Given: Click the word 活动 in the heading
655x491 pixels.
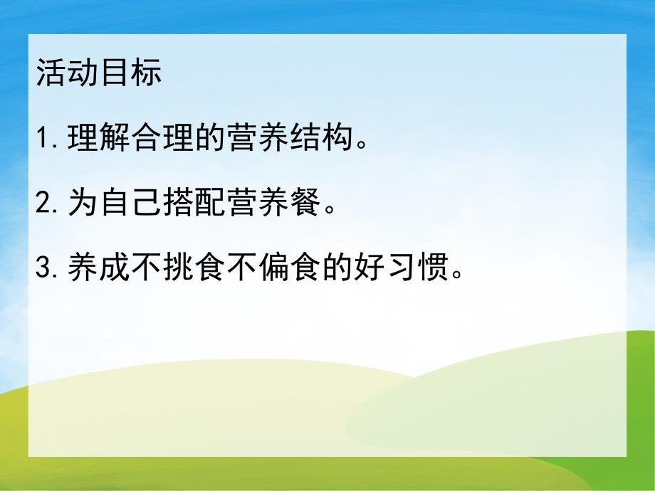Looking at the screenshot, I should click(x=67, y=74).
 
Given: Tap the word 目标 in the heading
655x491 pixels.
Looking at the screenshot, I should click(x=131, y=74).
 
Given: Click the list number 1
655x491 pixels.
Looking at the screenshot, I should click(x=43, y=139).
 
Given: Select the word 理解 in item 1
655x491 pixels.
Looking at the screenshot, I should click(x=100, y=139).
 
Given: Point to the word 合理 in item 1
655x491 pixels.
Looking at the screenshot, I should click(x=164, y=139).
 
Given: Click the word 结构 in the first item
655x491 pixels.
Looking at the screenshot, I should click(x=324, y=139).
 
